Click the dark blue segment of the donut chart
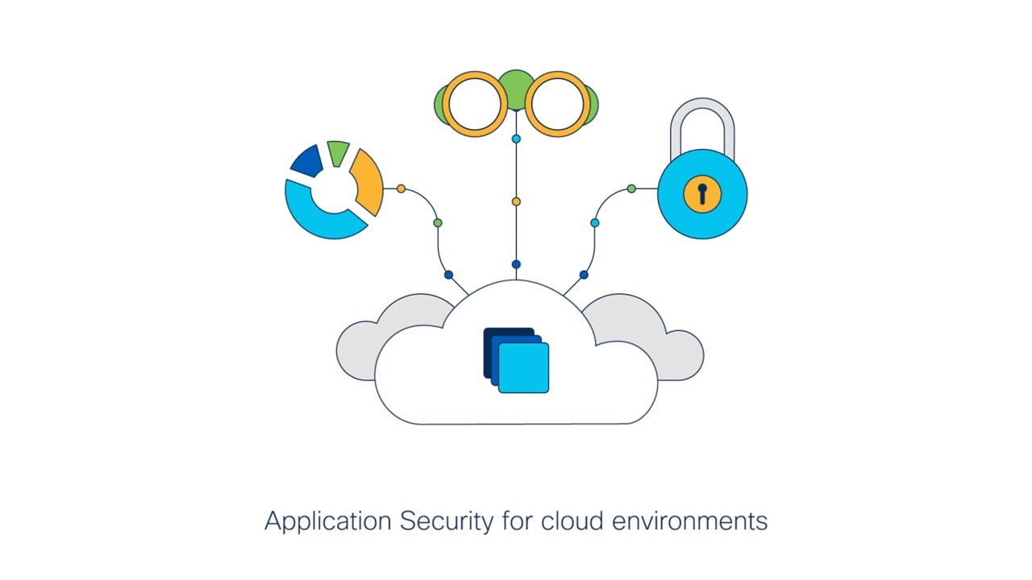point(307,161)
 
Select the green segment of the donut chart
point(338,153)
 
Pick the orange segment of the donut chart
point(367,180)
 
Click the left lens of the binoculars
point(475,104)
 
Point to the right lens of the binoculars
point(557,104)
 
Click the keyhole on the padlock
point(702,193)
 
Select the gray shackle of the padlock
point(702,121)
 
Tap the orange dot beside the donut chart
point(401,188)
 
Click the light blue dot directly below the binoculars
point(516,139)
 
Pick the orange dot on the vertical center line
point(516,201)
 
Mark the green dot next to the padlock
point(631,188)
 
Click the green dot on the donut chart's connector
point(438,222)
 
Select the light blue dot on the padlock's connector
point(594,222)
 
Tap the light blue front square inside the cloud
point(524,368)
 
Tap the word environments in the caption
point(689,521)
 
